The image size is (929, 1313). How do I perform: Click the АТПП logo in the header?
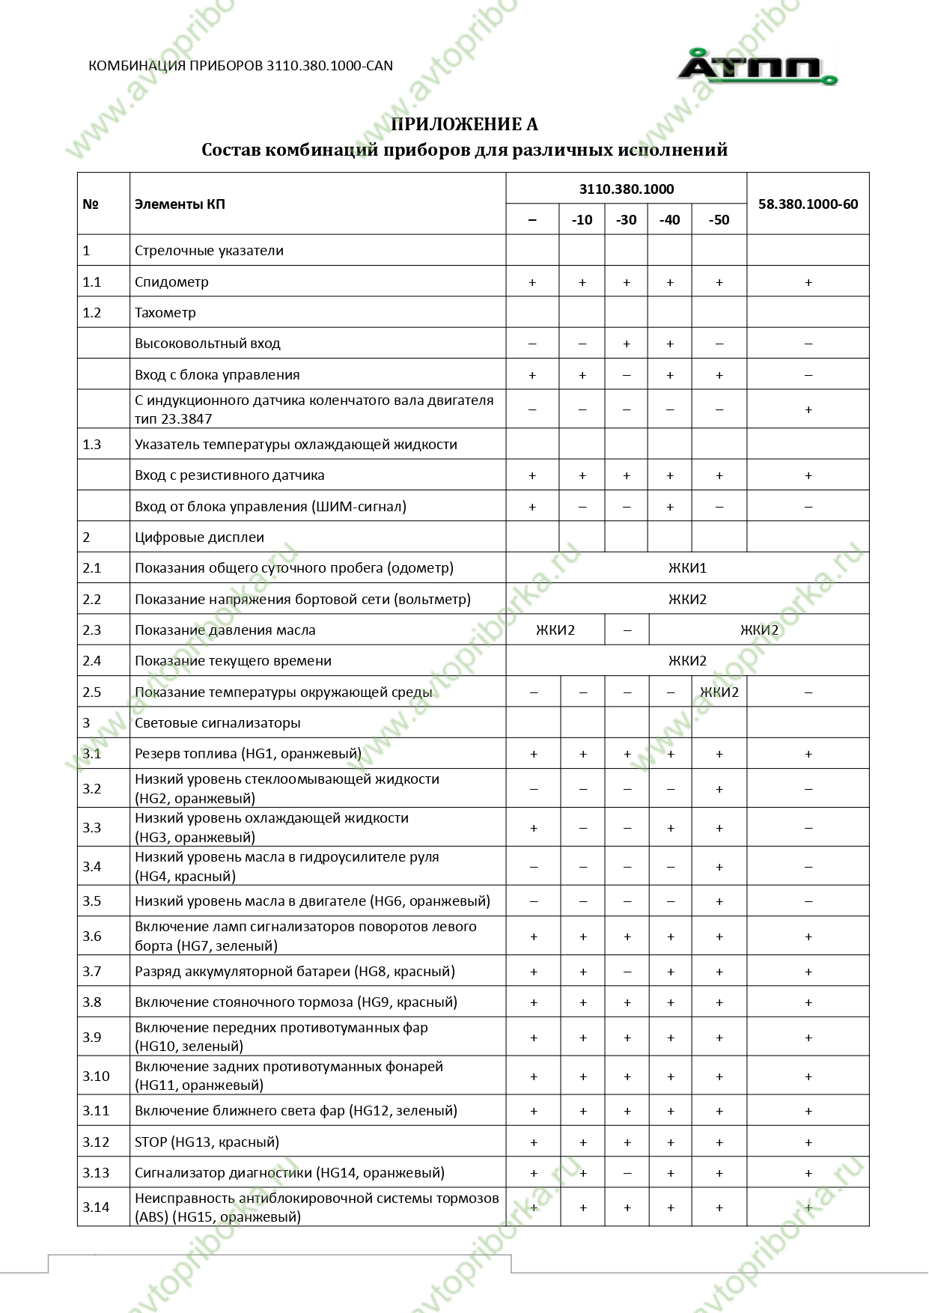click(757, 68)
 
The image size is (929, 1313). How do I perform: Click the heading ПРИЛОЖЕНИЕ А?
click(464, 124)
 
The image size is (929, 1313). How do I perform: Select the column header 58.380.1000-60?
click(808, 204)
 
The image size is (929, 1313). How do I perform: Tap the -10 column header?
click(582, 219)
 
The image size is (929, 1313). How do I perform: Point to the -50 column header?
click(719, 219)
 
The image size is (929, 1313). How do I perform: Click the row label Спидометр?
click(171, 281)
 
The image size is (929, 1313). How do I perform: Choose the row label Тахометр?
click(165, 312)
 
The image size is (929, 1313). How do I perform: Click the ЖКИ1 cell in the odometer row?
click(687, 567)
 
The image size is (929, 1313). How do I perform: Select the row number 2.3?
click(92, 630)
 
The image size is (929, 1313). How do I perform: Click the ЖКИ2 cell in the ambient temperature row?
click(719, 692)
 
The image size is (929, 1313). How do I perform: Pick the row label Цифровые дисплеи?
click(199, 537)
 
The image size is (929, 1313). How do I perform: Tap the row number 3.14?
click(96, 1207)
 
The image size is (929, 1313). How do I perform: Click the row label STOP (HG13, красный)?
click(207, 1142)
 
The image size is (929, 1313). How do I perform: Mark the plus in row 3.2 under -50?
click(719, 789)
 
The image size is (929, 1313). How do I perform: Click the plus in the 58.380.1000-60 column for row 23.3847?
click(808, 409)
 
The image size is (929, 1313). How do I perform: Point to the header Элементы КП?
click(180, 204)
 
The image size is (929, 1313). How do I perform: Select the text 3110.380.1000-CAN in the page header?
click(329, 66)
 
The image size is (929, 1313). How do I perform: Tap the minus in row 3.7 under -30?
click(627, 972)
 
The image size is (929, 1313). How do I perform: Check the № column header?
click(91, 204)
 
